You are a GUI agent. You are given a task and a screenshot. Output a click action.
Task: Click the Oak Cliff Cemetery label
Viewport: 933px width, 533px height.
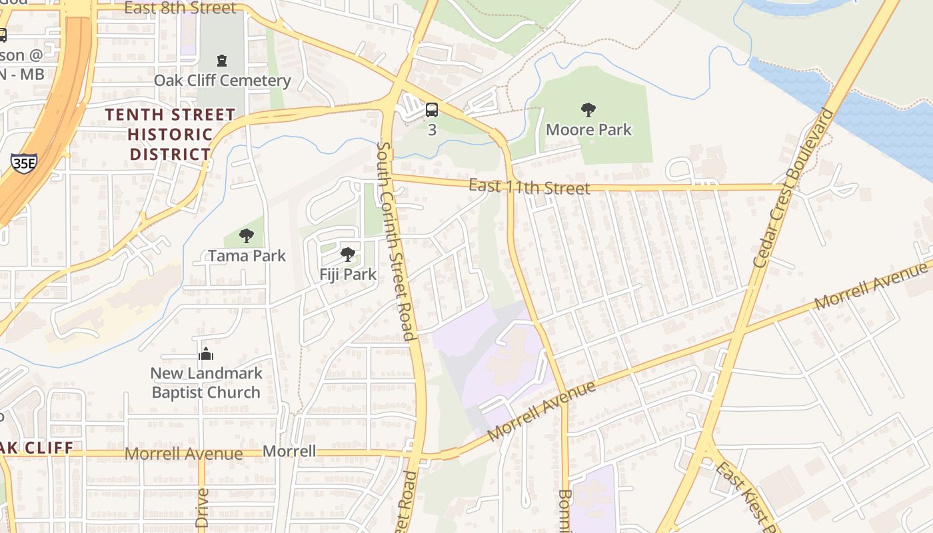pyautogui.click(x=223, y=81)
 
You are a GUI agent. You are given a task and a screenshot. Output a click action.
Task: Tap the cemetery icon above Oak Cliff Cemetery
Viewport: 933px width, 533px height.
pyautogui.click(x=222, y=61)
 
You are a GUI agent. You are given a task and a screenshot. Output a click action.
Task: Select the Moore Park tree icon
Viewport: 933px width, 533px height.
pyautogui.click(x=588, y=110)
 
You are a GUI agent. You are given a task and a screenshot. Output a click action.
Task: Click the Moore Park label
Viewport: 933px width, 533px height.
pyautogui.click(x=588, y=129)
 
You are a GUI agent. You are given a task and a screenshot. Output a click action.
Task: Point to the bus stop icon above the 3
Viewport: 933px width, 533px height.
pyautogui.click(x=432, y=110)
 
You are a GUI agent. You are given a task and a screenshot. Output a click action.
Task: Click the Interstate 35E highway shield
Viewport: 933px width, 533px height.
pyautogui.click(x=23, y=163)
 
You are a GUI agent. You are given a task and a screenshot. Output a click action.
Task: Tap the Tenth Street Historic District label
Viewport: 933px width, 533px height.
pyautogui.click(x=170, y=135)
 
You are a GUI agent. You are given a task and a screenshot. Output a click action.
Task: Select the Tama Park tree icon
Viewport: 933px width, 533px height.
pyautogui.click(x=247, y=236)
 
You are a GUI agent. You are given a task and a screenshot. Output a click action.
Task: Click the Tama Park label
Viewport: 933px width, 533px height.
pyautogui.click(x=247, y=256)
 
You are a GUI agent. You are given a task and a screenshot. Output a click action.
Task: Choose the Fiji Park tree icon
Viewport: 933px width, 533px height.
pyautogui.click(x=347, y=255)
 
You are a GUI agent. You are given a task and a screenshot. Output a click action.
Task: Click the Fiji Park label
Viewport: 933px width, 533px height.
pyautogui.click(x=347, y=274)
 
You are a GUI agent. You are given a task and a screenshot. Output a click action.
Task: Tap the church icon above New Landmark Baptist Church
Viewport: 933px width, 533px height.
pyautogui.click(x=206, y=354)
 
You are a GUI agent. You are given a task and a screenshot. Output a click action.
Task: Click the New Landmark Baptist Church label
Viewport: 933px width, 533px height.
pyautogui.click(x=206, y=382)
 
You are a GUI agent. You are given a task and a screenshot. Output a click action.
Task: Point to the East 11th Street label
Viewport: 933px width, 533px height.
pyautogui.click(x=529, y=187)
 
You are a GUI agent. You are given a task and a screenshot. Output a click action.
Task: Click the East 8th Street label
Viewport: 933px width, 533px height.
pyautogui.click(x=180, y=8)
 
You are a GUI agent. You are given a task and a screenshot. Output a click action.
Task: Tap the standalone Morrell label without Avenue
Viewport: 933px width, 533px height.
pyautogui.click(x=289, y=452)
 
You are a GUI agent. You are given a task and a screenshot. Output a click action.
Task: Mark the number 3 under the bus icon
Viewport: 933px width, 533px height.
pyautogui.click(x=432, y=129)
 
